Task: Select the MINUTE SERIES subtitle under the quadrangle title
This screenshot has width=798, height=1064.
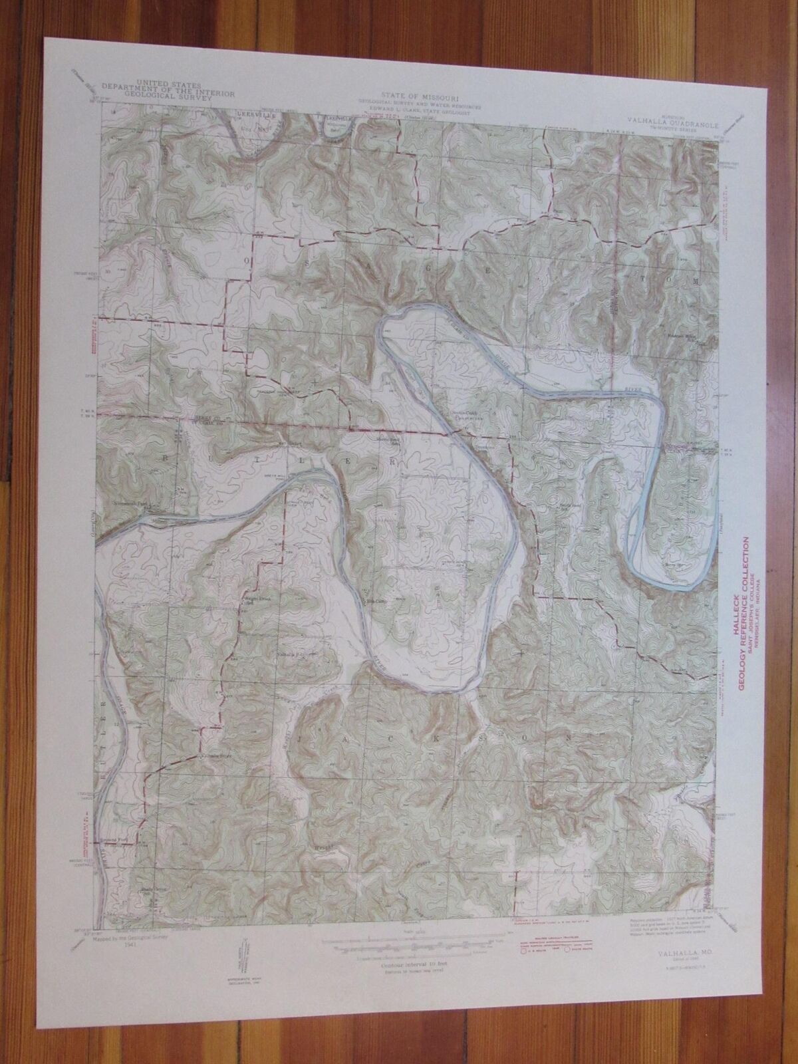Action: (665, 127)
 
